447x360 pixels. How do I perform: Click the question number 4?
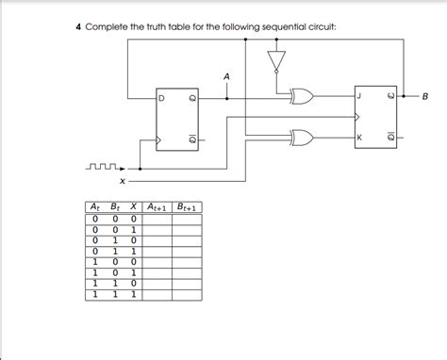click(x=78, y=26)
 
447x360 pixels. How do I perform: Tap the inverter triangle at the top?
click(x=275, y=61)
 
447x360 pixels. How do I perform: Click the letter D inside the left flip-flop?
click(x=161, y=97)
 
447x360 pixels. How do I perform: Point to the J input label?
click(x=358, y=95)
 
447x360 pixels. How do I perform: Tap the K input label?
click(x=358, y=139)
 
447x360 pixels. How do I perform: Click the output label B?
click(x=425, y=95)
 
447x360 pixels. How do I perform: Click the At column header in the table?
click(x=93, y=207)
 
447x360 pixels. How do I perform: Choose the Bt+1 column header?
click(x=190, y=207)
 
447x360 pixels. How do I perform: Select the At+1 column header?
click(x=157, y=207)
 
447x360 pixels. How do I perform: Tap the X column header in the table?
click(x=132, y=207)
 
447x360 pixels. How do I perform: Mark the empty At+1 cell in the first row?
click(x=157, y=219)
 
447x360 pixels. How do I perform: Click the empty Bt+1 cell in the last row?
click(x=190, y=294)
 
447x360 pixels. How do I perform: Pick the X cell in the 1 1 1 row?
click(x=132, y=294)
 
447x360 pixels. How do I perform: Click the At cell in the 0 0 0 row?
click(x=93, y=219)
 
